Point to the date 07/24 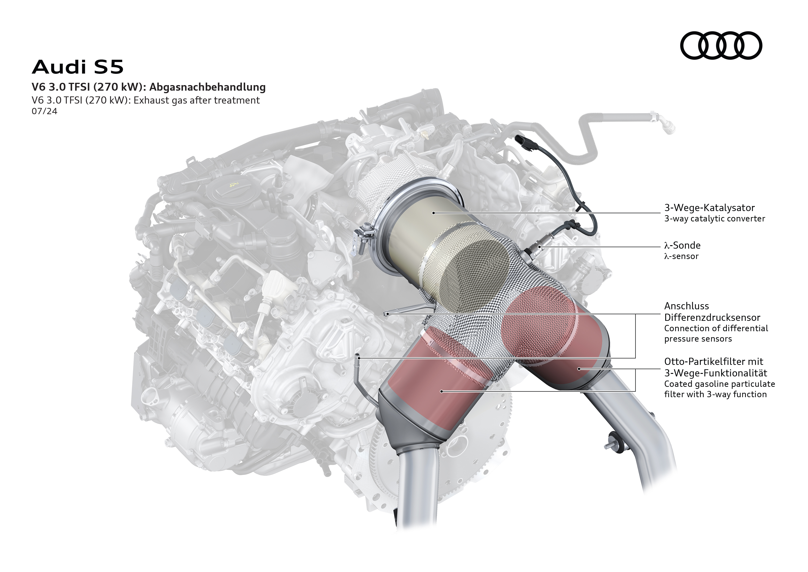[44, 111]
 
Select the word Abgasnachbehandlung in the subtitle [207, 87]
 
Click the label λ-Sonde [682, 245]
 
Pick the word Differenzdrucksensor [712, 317]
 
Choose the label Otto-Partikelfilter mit [713, 361]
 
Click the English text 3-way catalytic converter [714, 219]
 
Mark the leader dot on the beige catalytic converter [434, 213]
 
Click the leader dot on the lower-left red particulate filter [441, 391]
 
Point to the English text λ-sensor [681, 256]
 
